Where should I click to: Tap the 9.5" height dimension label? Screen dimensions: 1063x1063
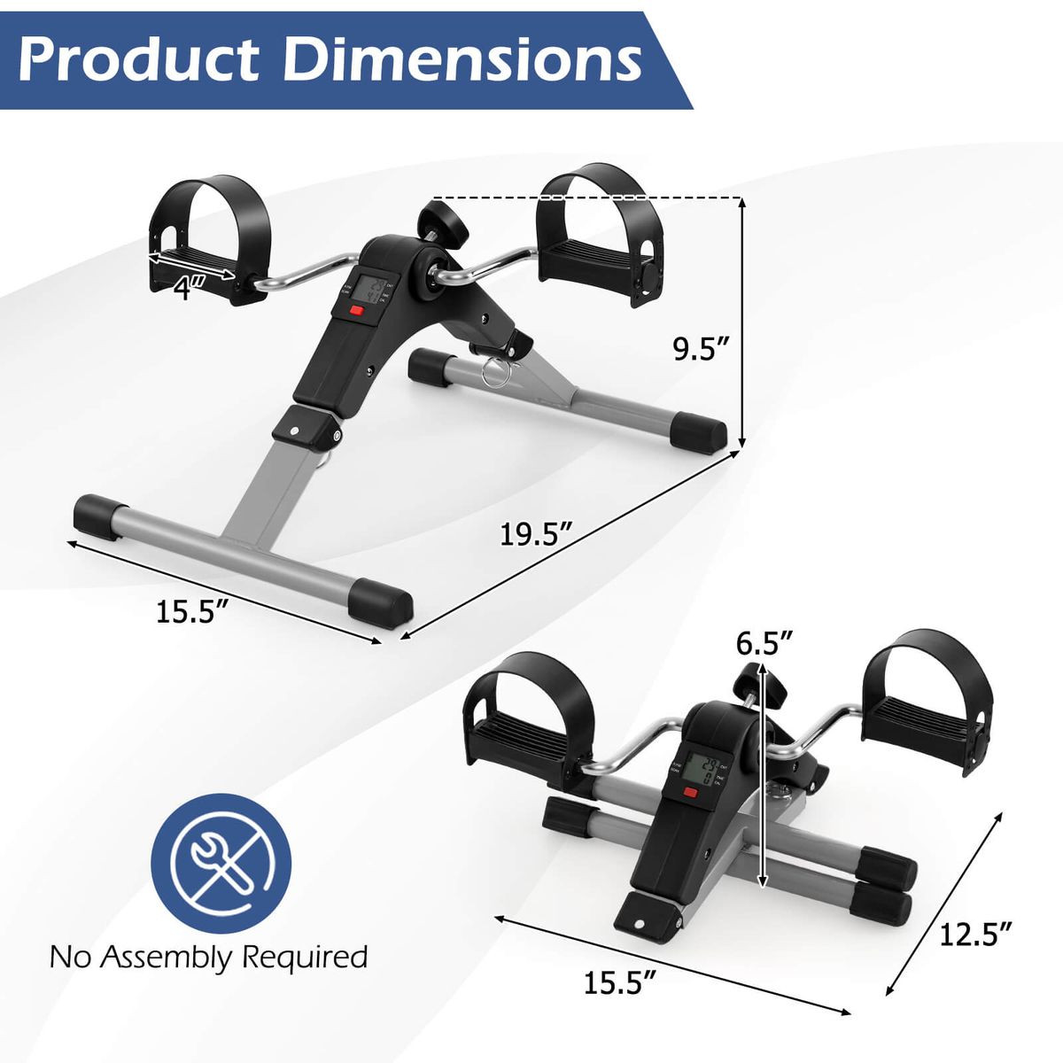pyautogui.click(x=701, y=350)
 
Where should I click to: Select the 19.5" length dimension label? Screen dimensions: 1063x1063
pyautogui.click(x=535, y=534)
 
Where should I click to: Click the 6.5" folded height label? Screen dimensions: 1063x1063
pyautogui.click(x=764, y=642)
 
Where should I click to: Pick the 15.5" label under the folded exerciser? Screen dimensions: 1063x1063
pyautogui.click(x=619, y=982)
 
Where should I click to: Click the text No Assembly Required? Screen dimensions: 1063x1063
pyautogui.click(x=208, y=957)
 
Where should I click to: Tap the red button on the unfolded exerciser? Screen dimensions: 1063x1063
pyautogui.click(x=356, y=311)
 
